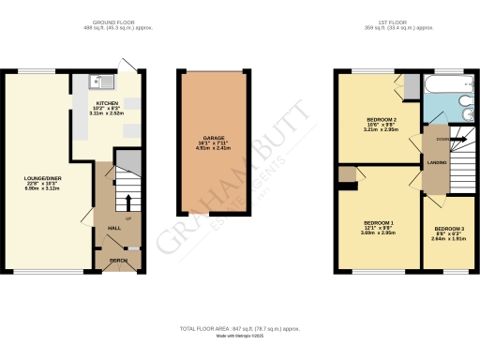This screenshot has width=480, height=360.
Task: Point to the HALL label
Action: click(x=113, y=228)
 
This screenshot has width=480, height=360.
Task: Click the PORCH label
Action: click(x=118, y=260)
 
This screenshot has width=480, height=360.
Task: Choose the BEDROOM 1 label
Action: click(x=379, y=222)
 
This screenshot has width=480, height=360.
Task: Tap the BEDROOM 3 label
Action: click(x=449, y=228)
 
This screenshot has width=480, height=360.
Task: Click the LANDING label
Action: click(x=437, y=163)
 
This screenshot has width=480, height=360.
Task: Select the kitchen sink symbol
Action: click(x=97, y=81)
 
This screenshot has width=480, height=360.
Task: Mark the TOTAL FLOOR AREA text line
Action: click(x=239, y=329)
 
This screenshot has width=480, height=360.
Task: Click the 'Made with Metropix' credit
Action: click(x=239, y=337)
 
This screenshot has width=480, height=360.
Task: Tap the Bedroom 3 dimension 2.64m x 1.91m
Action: click(x=449, y=238)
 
